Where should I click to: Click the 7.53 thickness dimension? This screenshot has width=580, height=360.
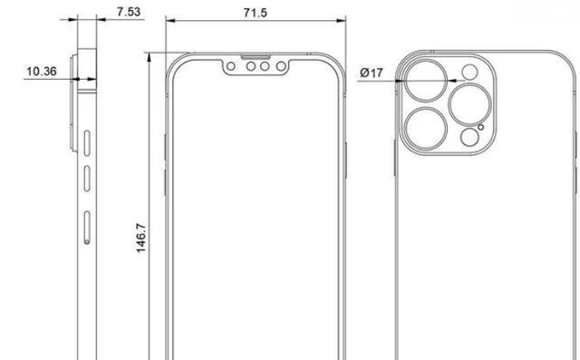pyautogui.click(x=129, y=12)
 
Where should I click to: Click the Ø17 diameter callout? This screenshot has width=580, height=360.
pyautogui.click(x=371, y=71)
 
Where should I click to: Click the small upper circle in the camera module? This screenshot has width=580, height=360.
pyautogui.click(x=469, y=73)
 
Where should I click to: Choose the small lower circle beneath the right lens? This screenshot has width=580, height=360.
pyautogui.click(x=469, y=136)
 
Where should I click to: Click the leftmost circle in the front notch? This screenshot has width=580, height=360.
pyautogui.click(x=232, y=68)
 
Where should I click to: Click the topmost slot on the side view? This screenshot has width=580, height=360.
pyautogui.click(x=87, y=144)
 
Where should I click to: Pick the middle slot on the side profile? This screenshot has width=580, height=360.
pyautogui.click(x=87, y=178)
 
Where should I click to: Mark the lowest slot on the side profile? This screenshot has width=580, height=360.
pyautogui.click(x=87, y=227)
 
